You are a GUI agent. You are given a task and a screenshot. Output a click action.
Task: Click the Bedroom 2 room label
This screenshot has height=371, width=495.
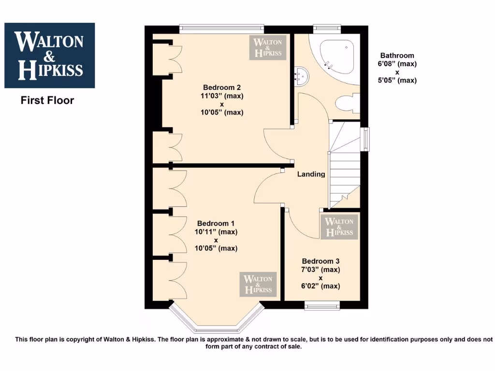[222, 87]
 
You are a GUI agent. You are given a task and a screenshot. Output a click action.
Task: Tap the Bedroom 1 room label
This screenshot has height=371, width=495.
[216, 223]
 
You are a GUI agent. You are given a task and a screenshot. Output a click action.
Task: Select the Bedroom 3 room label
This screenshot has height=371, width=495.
[320, 261]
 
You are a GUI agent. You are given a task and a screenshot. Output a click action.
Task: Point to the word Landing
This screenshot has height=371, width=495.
[311, 174]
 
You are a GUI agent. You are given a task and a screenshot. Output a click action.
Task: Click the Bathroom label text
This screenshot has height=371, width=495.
[397, 56]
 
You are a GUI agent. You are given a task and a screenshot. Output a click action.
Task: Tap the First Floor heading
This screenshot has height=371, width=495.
[47, 100]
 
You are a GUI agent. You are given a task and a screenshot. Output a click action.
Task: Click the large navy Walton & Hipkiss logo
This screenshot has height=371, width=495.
[49, 56]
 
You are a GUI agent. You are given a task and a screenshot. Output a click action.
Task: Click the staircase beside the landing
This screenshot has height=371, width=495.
[345, 164]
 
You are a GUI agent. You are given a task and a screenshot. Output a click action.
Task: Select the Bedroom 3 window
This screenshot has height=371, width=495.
[322, 304]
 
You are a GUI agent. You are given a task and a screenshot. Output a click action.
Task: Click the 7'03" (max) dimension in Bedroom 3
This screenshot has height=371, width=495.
[320, 269]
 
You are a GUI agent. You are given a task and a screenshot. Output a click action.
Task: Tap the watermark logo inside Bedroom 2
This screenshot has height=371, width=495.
[268, 47]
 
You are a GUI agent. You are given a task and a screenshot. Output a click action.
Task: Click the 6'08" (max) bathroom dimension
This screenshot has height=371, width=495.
[397, 64]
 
